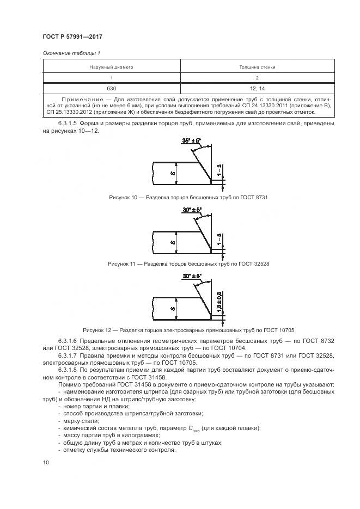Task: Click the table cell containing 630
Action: [x=112, y=88]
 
